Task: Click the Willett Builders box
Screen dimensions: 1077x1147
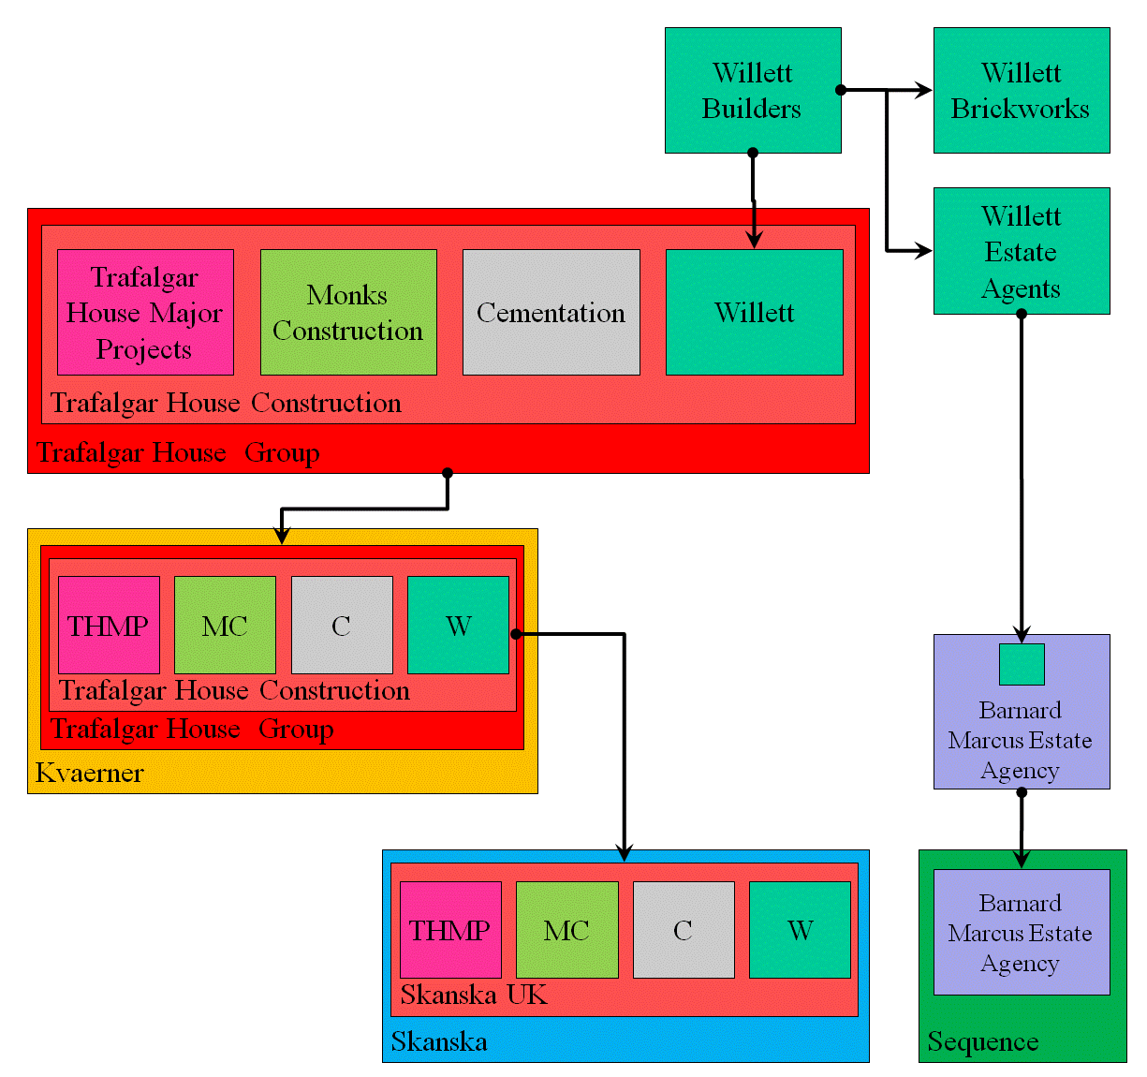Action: pos(753,90)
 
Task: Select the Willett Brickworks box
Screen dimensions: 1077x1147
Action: pos(1022,90)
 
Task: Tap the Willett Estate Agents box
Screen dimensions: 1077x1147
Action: pos(1022,251)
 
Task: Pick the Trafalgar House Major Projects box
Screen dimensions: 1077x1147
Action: pos(145,312)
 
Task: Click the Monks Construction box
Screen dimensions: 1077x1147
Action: pos(348,312)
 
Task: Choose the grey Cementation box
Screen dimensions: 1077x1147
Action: pos(551,312)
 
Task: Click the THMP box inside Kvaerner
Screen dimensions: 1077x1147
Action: pos(109,625)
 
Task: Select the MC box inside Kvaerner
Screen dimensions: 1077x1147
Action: pos(225,625)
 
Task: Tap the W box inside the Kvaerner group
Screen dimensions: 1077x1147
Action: pos(458,625)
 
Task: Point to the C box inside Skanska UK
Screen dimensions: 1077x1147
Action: pos(684,930)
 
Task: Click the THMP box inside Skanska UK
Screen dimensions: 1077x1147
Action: pos(450,930)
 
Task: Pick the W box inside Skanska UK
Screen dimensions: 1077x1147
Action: pos(800,930)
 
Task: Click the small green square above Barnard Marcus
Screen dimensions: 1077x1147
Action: pos(1022,664)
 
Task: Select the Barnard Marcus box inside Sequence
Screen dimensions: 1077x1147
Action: pos(1022,932)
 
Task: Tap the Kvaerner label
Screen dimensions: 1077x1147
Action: pos(90,774)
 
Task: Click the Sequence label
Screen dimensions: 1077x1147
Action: pos(983,1042)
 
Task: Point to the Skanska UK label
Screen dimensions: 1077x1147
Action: pos(474,995)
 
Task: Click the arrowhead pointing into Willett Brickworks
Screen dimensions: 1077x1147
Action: pos(924,90)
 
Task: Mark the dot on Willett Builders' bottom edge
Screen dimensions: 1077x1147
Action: pos(753,153)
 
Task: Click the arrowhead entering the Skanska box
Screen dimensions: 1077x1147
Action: pos(625,853)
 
